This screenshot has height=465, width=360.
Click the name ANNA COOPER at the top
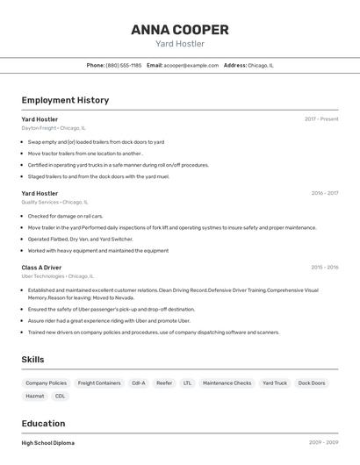point(180,30)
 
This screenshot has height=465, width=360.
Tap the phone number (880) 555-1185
point(124,66)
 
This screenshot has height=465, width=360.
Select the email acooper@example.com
point(191,66)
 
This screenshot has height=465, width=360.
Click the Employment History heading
point(65,100)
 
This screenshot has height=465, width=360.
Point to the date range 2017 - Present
point(321,119)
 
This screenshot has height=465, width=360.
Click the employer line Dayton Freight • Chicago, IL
point(54,128)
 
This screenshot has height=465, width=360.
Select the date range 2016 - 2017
point(324,193)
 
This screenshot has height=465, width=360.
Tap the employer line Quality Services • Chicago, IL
point(54,202)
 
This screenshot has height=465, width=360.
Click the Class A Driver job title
point(41,268)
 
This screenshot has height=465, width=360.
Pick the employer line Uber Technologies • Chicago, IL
point(58,276)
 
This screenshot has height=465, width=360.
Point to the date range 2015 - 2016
point(324,268)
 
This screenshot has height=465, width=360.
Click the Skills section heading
point(33,360)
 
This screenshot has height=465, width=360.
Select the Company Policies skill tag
point(46,383)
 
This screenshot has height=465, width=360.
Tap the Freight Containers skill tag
point(99,383)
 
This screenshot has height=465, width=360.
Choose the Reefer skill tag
point(164,383)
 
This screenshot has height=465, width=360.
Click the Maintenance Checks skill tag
point(227,383)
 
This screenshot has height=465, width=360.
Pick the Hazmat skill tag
point(35,397)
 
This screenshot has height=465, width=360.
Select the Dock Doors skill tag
point(312,383)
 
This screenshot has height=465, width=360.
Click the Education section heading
point(43,423)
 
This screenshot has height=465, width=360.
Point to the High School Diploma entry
point(48,443)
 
